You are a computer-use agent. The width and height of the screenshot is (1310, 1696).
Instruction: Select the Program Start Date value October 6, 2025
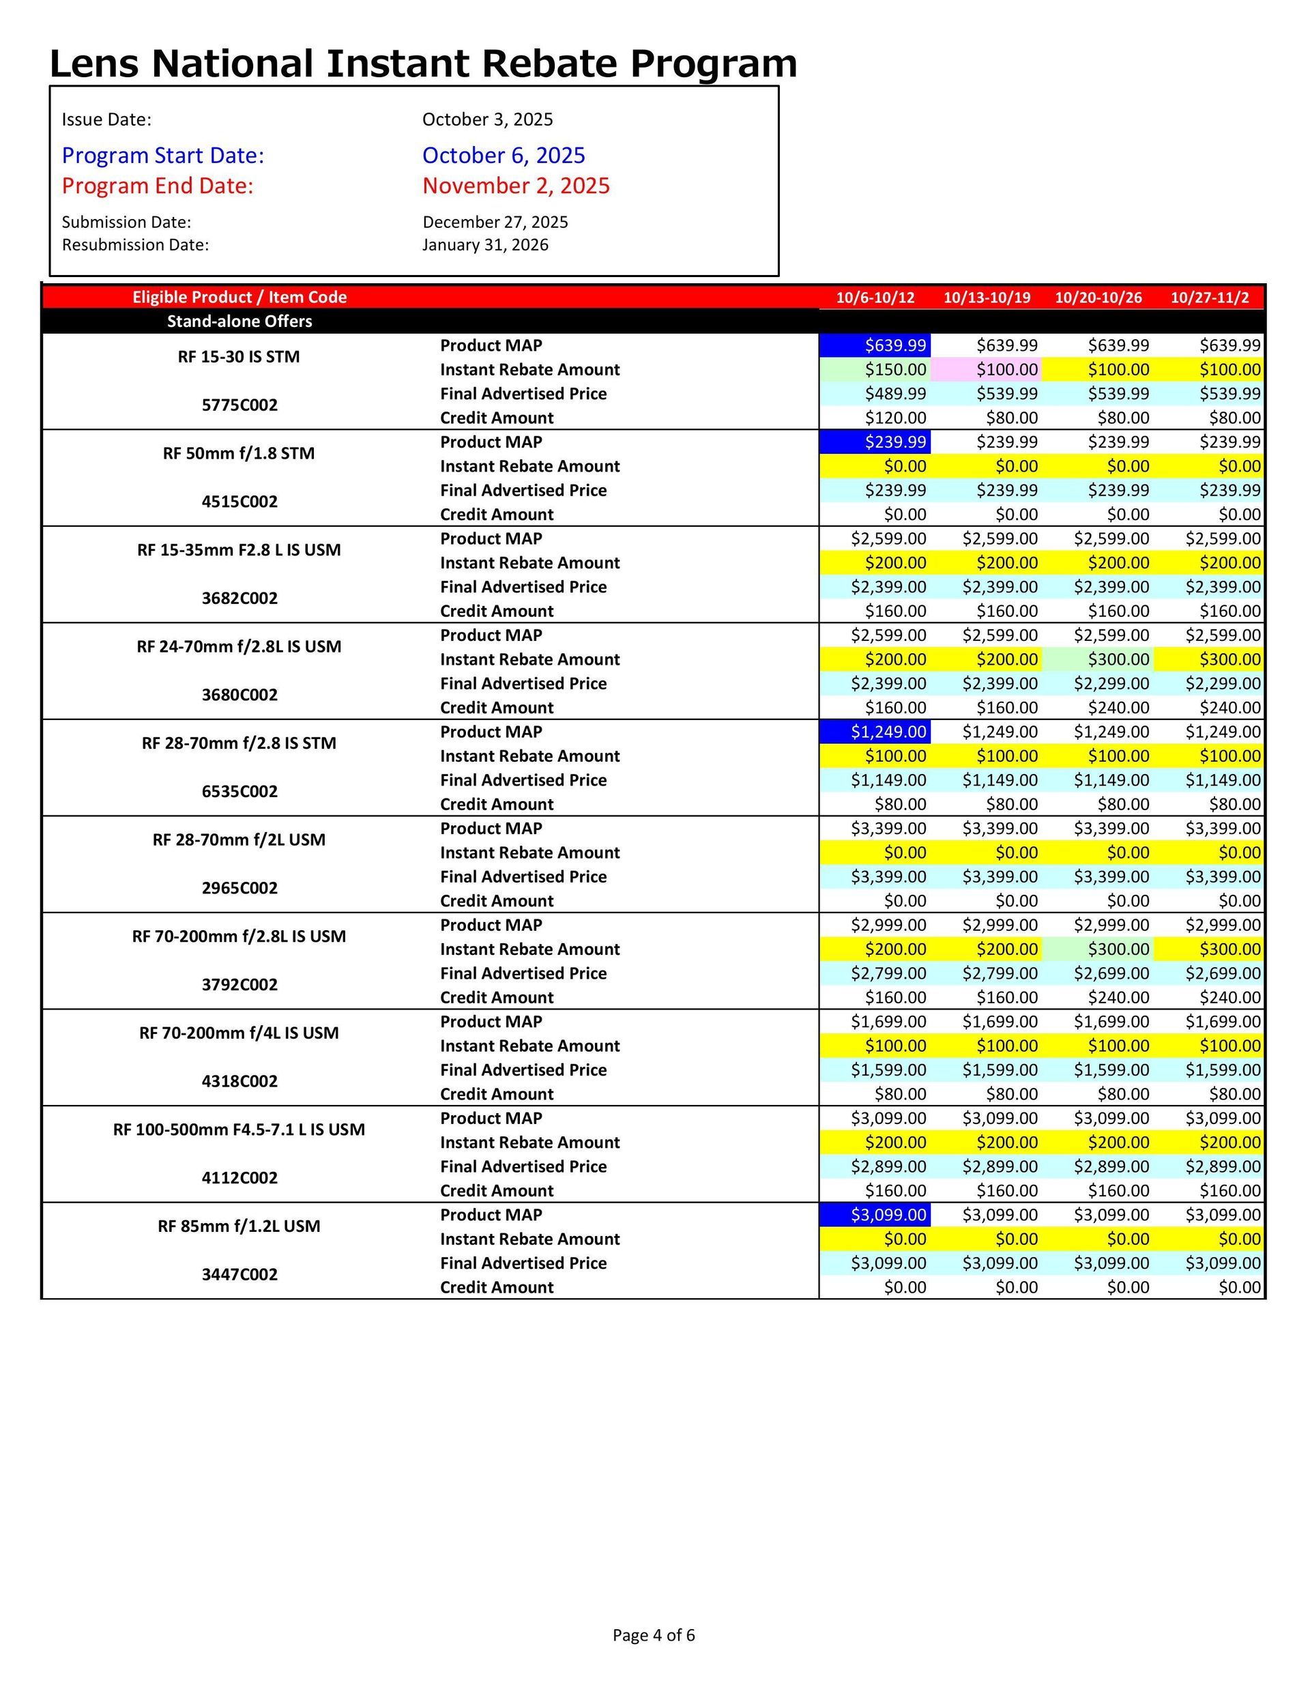pos(503,156)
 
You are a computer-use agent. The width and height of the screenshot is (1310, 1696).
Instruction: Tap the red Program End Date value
pos(516,186)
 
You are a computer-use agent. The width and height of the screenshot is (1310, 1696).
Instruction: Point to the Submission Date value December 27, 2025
pos(495,222)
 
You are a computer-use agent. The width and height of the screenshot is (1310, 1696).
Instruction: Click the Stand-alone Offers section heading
pos(239,321)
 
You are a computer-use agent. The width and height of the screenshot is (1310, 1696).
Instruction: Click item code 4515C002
pos(239,502)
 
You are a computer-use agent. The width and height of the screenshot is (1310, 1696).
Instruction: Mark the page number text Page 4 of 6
pos(653,1635)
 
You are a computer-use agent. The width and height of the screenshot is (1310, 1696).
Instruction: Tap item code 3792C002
pos(239,985)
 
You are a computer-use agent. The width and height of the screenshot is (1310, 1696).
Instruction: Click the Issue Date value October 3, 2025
pos(487,119)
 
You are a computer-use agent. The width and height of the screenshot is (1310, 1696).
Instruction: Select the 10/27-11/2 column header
pos(1209,298)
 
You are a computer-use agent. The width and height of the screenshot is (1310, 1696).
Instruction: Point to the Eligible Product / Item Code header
pos(239,298)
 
